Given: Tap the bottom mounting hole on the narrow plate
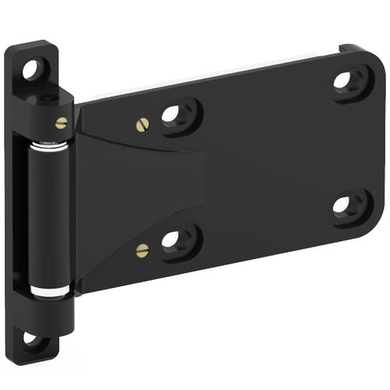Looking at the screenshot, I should (31, 339).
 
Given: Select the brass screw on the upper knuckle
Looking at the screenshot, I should (61, 122).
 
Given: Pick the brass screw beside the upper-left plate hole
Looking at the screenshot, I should (141, 122).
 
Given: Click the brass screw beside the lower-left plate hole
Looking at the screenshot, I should (142, 250).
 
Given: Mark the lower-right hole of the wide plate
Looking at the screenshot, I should (343, 205).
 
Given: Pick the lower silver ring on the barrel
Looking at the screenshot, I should (51, 291).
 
